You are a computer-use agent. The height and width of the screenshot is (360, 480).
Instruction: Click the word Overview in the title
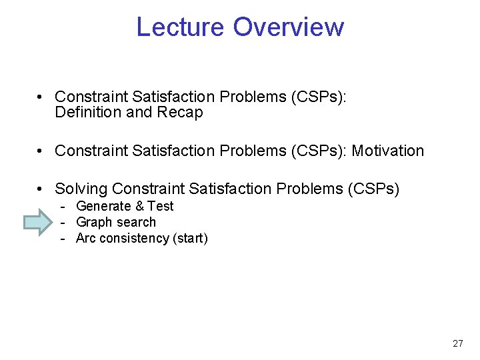pos(289,27)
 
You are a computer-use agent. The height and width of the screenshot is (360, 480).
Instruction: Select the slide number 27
pos(457,343)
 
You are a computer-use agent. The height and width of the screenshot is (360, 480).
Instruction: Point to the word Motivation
pos(387,151)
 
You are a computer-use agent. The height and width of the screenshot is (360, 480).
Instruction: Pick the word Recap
pos(180,112)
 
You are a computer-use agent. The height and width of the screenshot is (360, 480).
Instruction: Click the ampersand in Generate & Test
pos(139,206)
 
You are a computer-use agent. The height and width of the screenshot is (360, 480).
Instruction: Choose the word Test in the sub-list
pos(160,206)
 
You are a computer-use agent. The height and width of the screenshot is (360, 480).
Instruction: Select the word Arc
pos(86,238)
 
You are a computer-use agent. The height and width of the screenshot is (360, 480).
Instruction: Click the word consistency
pos(134,238)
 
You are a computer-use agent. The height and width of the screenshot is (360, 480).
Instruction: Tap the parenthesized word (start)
pos(190,238)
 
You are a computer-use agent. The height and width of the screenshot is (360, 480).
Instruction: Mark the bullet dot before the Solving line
pos(41,190)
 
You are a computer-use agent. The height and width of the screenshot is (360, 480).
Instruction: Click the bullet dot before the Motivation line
pos(41,151)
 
